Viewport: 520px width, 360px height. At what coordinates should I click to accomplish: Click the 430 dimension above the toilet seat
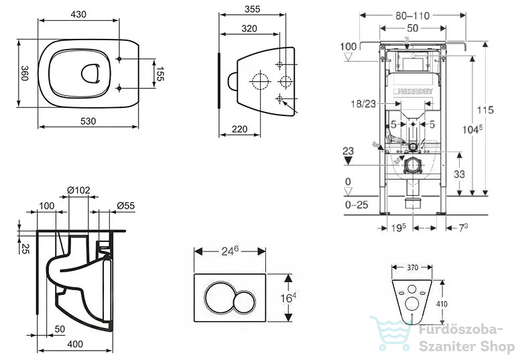coord(78,14)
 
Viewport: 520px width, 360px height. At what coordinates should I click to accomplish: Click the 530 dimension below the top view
coord(88,121)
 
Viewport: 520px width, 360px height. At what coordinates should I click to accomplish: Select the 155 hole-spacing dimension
coord(160,74)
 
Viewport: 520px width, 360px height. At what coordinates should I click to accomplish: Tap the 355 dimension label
coord(253,9)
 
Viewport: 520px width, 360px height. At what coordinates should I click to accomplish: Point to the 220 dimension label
coord(239,129)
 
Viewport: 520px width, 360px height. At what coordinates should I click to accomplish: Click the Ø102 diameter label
coord(78,190)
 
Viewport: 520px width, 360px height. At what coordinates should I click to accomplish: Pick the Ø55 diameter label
coord(126,206)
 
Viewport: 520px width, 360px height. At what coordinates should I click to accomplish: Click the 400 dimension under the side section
coord(75,344)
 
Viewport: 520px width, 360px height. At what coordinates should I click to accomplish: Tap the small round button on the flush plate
coord(244,302)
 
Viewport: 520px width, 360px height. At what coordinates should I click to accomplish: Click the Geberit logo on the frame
coord(413,91)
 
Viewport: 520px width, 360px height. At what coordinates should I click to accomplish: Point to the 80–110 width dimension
coord(413,15)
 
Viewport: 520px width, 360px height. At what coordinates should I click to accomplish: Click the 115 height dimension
coord(485,110)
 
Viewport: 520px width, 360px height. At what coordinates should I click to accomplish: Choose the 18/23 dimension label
coord(363,104)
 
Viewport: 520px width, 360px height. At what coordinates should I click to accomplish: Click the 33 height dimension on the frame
coord(459,174)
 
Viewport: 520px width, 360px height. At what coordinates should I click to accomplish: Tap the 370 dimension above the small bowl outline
coord(413,267)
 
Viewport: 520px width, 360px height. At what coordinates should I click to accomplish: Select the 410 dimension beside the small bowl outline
coord(442,304)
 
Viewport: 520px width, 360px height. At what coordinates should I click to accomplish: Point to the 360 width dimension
coord(25,73)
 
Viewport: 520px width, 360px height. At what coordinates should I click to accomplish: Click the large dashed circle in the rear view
coord(260,81)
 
